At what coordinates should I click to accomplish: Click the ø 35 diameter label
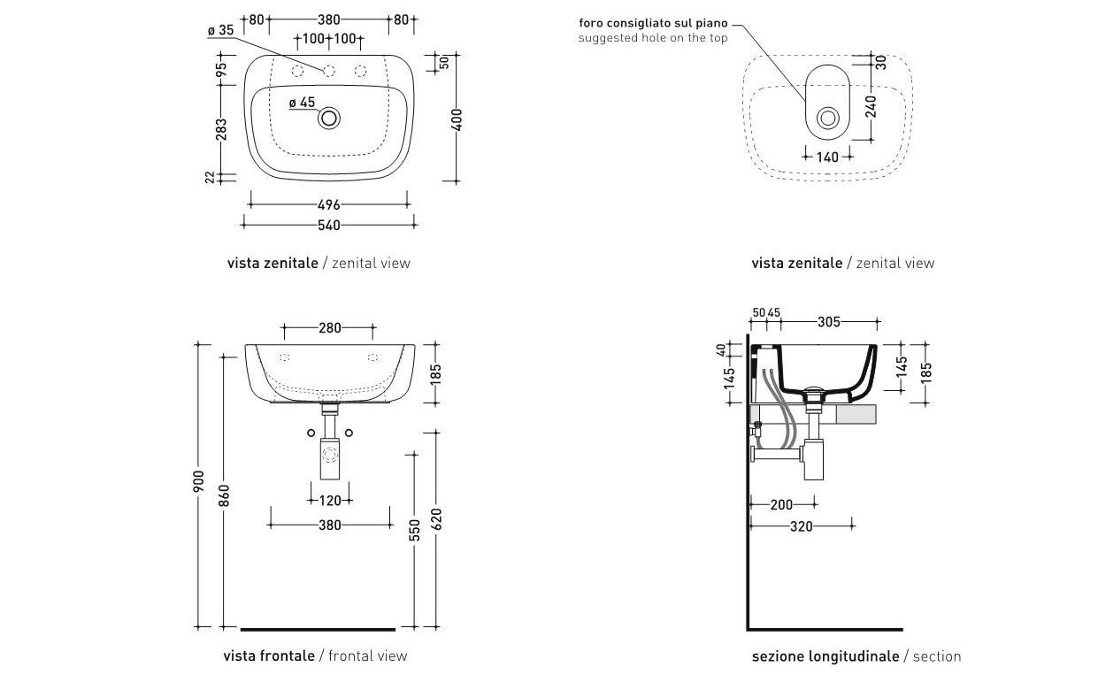coord(220,30)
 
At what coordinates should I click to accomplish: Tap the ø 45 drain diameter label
coord(302,103)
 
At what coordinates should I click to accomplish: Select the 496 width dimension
coord(328,205)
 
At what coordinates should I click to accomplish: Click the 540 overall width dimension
coord(328,226)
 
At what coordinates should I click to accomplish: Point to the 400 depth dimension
coord(457,118)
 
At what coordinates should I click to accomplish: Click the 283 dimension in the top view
coord(221,129)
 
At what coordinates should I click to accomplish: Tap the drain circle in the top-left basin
coord(330,118)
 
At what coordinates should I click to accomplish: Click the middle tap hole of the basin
coord(328,71)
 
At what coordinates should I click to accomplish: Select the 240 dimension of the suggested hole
coord(871,106)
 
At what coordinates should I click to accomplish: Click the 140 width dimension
coord(827,157)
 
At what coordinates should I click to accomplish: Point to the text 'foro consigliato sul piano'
coord(654,22)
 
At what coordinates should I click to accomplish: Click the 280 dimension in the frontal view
coord(329,329)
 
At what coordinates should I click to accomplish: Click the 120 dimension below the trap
coord(329,501)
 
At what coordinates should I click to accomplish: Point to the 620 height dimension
coord(435,518)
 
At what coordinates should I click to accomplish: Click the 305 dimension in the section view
coord(828,322)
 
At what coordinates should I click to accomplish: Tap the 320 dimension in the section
coord(801,525)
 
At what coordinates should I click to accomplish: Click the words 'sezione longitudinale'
coord(825,656)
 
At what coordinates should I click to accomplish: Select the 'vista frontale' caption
coord(269,656)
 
